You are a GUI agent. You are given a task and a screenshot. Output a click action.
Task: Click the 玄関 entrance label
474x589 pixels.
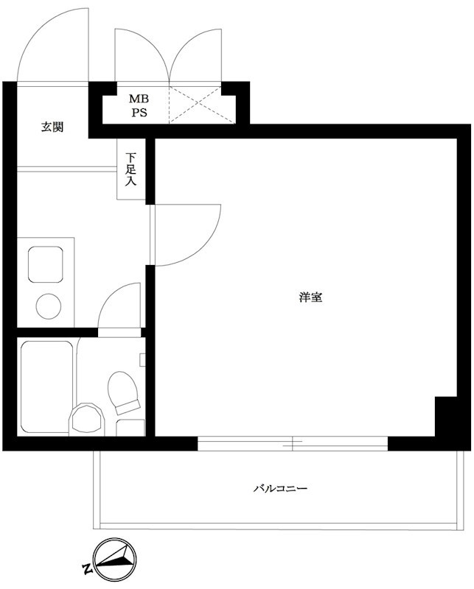(52, 127)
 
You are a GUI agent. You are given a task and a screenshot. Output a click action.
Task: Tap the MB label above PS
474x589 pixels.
(139, 99)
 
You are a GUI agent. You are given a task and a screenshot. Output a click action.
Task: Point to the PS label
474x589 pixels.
(139, 113)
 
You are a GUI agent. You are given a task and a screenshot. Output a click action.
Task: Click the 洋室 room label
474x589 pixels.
(310, 298)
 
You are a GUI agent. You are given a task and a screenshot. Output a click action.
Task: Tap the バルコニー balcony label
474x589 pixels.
(280, 488)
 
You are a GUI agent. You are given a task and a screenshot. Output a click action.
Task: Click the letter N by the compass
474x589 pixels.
(86, 568)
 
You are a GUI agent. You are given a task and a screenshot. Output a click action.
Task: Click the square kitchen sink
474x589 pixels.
(46, 263)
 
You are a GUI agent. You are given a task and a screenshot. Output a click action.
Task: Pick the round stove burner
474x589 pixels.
(49, 306)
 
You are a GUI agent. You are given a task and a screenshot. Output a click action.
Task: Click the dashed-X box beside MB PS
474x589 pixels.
(195, 104)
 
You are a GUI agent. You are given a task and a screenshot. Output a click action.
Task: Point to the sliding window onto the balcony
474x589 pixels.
(293, 443)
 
